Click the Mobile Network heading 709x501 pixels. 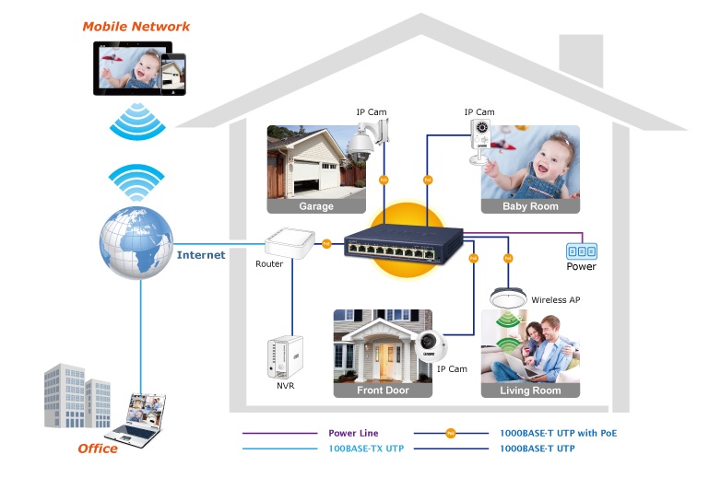pos(136,27)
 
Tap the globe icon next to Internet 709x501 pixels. pos(136,240)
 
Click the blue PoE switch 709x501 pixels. pos(403,246)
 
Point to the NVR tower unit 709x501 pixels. pos(283,360)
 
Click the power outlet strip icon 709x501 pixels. pos(581,250)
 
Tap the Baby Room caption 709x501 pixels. pos(530,206)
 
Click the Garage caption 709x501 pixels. pos(316,206)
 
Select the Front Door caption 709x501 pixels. pos(383,390)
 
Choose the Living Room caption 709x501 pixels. pos(530,390)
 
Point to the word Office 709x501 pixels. pos(98,449)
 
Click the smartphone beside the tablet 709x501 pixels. pos(173,71)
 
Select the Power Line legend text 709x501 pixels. pos(353,433)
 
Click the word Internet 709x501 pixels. pos(201,255)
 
